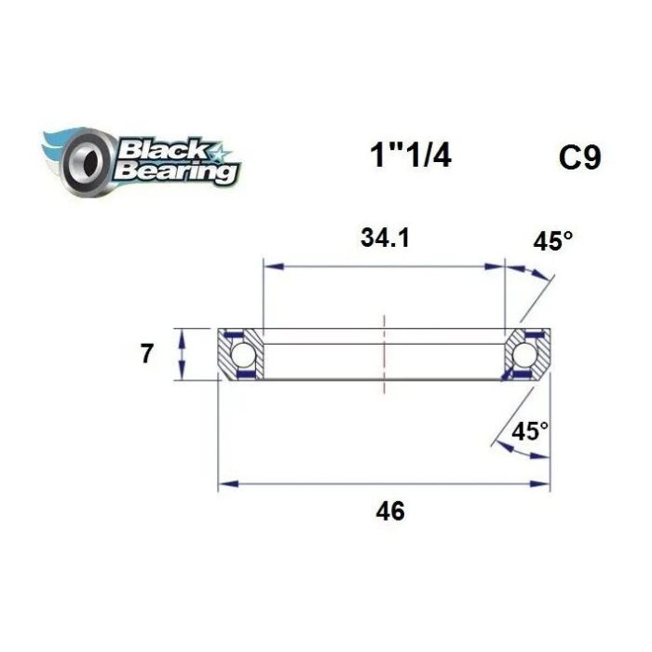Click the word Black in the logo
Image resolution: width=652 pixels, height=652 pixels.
pyautogui.click(x=163, y=151)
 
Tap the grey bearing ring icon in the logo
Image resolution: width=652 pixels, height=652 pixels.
pyautogui.click(x=87, y=162)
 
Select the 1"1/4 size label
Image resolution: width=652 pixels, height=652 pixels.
pyautogui.click(x=411, y=156)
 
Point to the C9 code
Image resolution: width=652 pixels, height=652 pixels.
pyautogui.click(x=579, y=157)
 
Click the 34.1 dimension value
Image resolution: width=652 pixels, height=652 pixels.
pyautogui.click(x=385, y=238)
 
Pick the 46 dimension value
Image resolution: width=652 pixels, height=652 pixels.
pyautogui.click(x=390, y=511)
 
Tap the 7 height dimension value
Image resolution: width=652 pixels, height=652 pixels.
pyautogui.click(x=146, y=355)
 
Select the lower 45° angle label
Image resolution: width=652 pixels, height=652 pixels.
pyautogui.click(x=530, y=431)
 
